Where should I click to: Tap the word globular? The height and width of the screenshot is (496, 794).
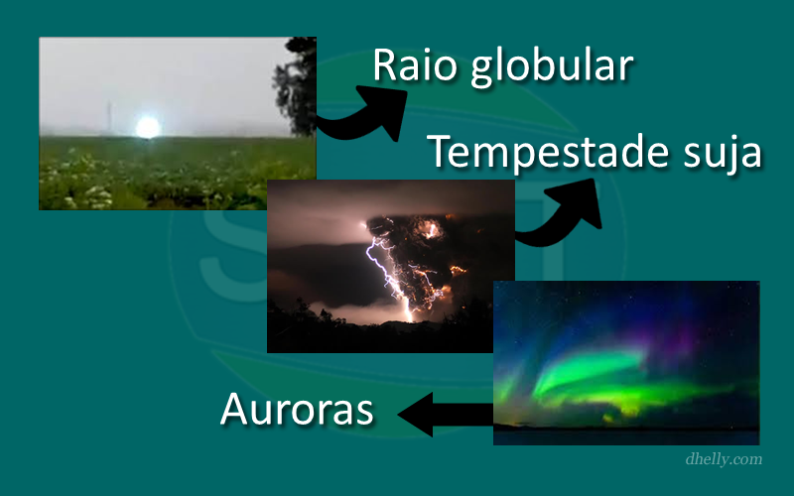click(552, 68)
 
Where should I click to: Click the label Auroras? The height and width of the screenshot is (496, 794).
click(297, 409)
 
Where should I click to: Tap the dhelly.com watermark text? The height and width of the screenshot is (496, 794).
click(724, 459)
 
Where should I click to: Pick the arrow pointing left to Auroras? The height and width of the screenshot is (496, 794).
click(446, 414)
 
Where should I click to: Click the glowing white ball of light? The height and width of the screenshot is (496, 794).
click(148, 127)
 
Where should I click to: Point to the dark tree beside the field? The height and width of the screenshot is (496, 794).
click(297, 86)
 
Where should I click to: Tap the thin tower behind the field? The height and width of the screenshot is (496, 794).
click(108, 117)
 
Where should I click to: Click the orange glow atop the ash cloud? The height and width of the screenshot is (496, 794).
click(431, 230)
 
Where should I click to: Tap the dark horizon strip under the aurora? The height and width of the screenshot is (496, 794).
click(626, 436)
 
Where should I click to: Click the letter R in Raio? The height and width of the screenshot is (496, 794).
click(386, 64)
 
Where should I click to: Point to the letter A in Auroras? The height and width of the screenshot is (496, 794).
click(236, 409)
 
